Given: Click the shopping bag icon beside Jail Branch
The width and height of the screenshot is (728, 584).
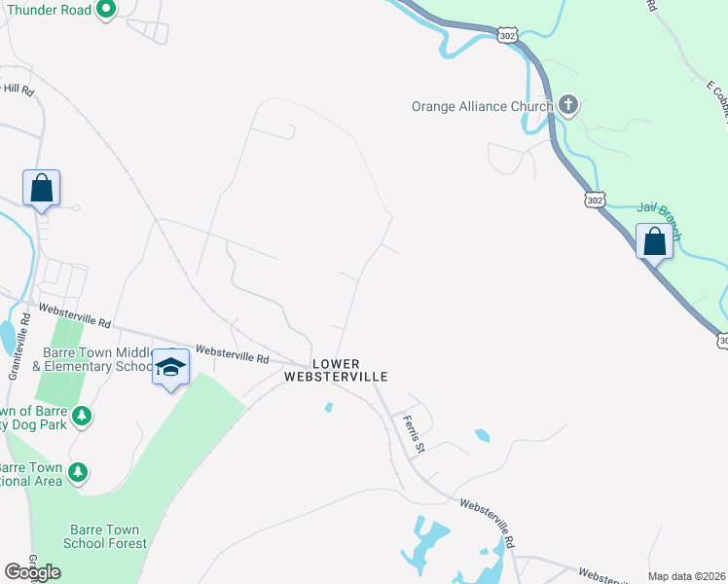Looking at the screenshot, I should point(655,240).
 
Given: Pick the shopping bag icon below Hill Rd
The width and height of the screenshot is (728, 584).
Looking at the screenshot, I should point(42,187).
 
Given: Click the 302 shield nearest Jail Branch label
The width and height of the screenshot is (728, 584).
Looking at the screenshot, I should point(596,199).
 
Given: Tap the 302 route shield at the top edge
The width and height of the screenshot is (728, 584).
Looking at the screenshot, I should point(507,35).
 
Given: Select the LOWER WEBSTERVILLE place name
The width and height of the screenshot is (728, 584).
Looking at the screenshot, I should point(336,370).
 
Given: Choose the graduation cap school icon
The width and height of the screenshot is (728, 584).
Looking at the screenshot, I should point(171,367).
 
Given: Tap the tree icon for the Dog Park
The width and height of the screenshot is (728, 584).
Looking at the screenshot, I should point(82,417).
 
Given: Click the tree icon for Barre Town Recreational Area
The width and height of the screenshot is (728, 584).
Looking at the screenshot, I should point(77,473).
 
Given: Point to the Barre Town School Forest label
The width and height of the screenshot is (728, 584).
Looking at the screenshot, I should point(104,536).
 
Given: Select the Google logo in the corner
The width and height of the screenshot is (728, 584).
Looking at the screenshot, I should point(33,572).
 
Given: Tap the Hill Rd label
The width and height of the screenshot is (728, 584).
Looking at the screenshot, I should point(18,90).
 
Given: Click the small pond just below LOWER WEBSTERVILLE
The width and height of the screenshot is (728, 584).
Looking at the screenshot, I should point(328,407).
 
